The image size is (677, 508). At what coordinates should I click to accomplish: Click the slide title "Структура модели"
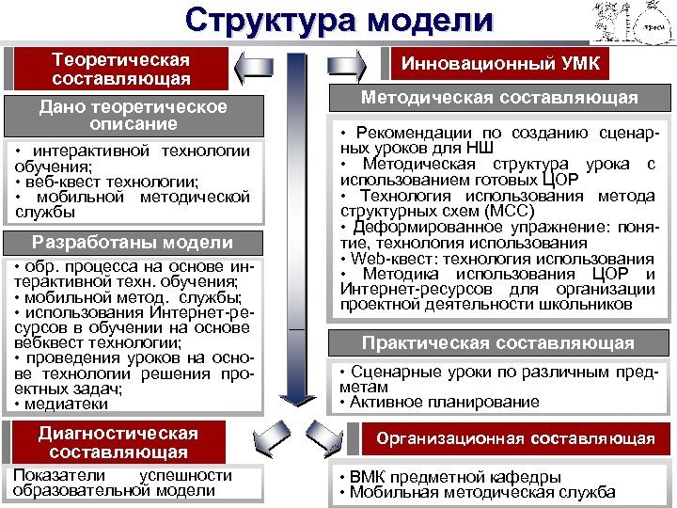[338, 21]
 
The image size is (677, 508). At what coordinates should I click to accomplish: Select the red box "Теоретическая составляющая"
[120, 69]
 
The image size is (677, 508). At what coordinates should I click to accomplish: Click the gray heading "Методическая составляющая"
[499, 98]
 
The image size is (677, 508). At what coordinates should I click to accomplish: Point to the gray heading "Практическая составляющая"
[498, 343]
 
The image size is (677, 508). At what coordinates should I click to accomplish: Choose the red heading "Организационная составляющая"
[515, 438]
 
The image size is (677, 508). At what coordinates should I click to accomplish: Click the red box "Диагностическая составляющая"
[118, 442]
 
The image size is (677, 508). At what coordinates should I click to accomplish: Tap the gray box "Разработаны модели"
[132, 243]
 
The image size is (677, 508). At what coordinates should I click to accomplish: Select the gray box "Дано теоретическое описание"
[133, 115]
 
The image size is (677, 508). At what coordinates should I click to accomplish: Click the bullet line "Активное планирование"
[443, 402]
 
